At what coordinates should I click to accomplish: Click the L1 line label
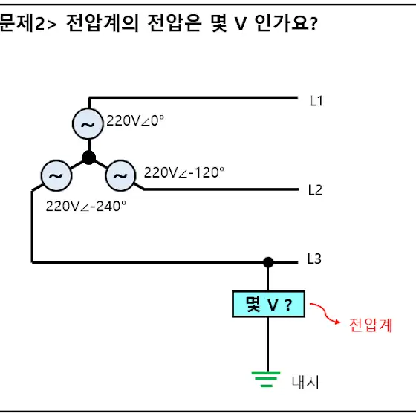(x=316, y=101)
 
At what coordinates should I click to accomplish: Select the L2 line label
(x=315, y=190)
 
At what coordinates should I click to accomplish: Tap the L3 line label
(x=314, y=259)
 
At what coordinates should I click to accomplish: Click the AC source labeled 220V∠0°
(x=88, y=123)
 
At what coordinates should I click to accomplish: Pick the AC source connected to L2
(x=120, y=175)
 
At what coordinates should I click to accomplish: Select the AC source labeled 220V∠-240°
(x=56, y=175)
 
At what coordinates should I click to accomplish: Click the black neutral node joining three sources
(x=89, y=157)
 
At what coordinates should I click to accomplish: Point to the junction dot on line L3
(x=268, y=262)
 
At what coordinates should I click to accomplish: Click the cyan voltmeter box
(x=268, y=304)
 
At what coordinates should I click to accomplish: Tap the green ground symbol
(x=266, y=380)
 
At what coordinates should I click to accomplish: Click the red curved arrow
(x=323, y=313)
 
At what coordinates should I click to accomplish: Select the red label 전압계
(x=371, y=325)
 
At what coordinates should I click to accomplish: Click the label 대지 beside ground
(x=305, y=382)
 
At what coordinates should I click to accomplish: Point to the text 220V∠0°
(x=135, y=120)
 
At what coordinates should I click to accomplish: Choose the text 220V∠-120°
(x=184, y=172)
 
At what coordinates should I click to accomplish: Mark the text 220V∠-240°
(x=85, y=207)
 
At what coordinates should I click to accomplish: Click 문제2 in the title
(x=22, y=23)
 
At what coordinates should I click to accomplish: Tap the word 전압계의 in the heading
(x=103, y=23)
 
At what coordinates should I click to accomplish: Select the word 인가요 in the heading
(x=282, y=23)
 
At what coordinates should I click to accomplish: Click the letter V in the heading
(x=241, y=24)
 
